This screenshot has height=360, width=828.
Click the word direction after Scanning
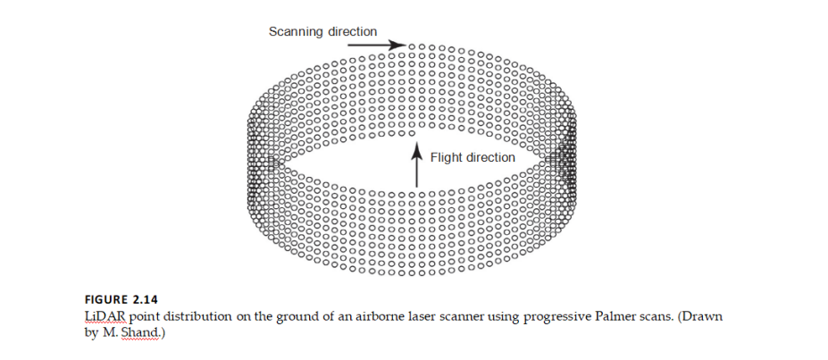[x=353, y=31]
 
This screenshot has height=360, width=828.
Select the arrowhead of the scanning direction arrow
[x=399, y=45]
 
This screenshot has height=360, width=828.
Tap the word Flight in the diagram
[x=447, y=158]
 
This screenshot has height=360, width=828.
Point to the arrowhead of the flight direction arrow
[x=415, y=149]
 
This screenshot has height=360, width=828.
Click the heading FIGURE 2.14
[x=118, y=300]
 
